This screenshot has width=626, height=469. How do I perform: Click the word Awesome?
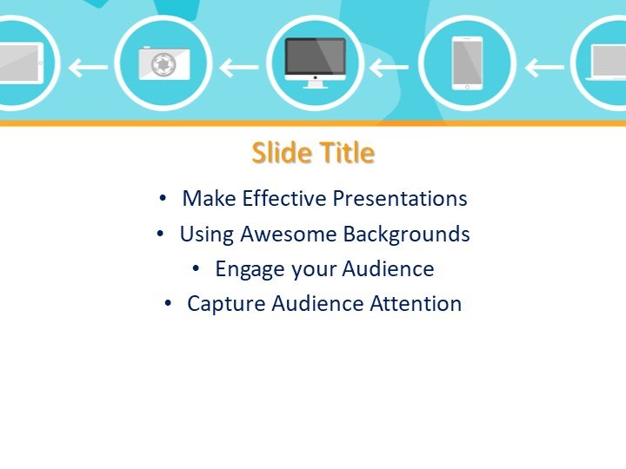(288, 234)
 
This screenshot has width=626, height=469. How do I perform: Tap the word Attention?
(416, 304)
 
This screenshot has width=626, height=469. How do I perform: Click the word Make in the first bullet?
(210, 199)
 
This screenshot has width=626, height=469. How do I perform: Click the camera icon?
(163, 63)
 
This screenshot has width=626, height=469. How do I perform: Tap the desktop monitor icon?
(315, 61)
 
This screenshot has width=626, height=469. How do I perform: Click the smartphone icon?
(467, 63)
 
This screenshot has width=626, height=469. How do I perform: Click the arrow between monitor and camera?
(239, 66)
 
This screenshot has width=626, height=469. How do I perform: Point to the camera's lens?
(161, 65)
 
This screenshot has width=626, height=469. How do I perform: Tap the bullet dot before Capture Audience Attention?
(169, 304)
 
